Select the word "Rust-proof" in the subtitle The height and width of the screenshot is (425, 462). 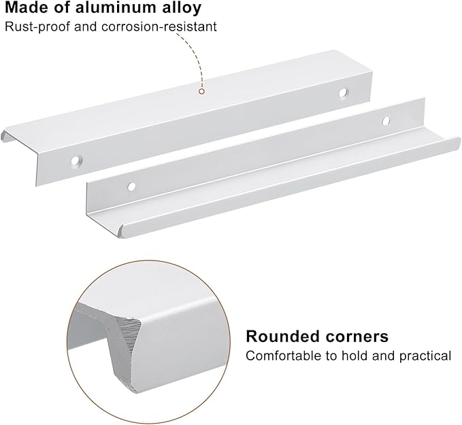point(38,27)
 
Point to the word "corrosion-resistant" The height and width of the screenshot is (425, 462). point(160,27)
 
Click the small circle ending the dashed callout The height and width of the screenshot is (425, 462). point(201,91)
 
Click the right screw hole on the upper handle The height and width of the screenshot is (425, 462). point(343,92)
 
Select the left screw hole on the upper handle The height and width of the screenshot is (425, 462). point(76,160)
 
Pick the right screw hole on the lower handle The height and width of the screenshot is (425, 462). point(386,120)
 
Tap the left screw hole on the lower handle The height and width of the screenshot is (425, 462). point(131,186)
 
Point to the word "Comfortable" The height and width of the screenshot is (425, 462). point(284,356)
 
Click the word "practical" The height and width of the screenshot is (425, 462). point(425,356)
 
